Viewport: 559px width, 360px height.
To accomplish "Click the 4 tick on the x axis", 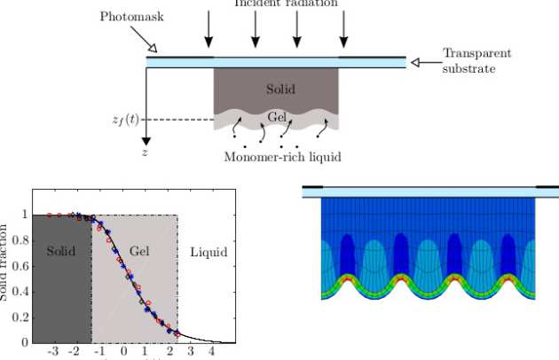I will point(211,352).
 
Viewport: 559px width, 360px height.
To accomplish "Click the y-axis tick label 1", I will point(25,215).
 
